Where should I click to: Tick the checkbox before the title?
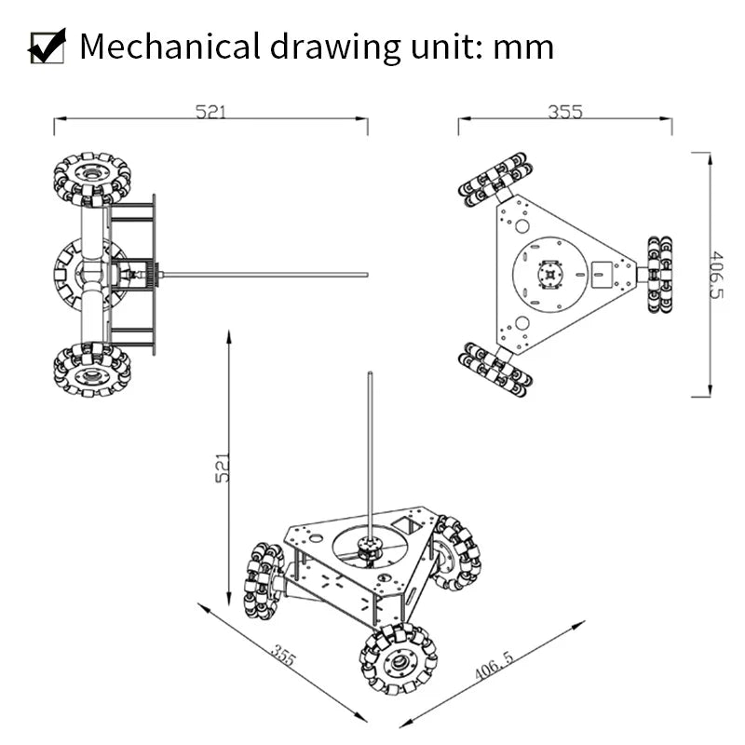47,46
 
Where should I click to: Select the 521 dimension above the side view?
210,112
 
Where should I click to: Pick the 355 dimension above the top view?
564,112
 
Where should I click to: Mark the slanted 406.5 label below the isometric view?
494,665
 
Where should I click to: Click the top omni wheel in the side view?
92,179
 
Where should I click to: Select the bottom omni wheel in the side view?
92,370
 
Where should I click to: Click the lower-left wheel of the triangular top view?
495,370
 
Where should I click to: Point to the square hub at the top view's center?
551,276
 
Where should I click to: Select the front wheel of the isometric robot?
399,660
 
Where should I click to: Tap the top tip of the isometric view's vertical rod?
371,375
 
